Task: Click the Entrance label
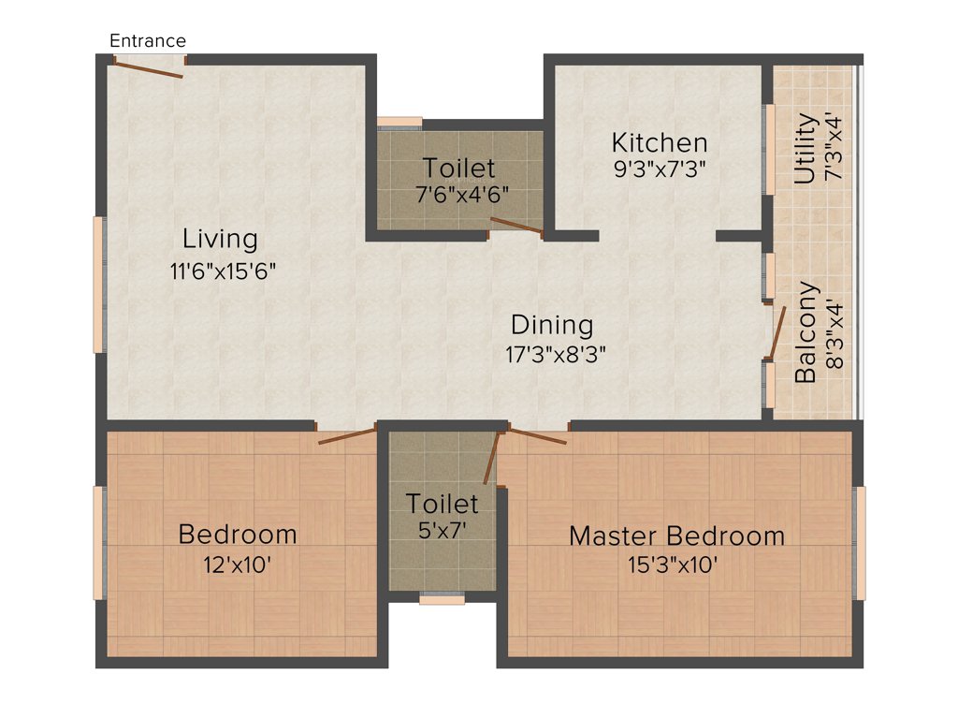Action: (148, 40)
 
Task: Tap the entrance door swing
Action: (150, 67)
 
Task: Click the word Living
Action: (220, 239)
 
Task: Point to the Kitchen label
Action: (660, 143)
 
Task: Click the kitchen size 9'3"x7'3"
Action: (660, 169)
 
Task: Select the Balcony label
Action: (806, 332)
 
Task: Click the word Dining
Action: (552, 325)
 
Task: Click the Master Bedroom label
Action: (676, 536)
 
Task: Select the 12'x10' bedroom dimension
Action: (238, 565)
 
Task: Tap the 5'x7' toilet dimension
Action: (442, 529)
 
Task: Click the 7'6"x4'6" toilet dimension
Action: (458, 196)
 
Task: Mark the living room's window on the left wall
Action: (98, 285)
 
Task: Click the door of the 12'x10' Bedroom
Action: (346, 434)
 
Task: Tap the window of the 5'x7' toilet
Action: (442, 599)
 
